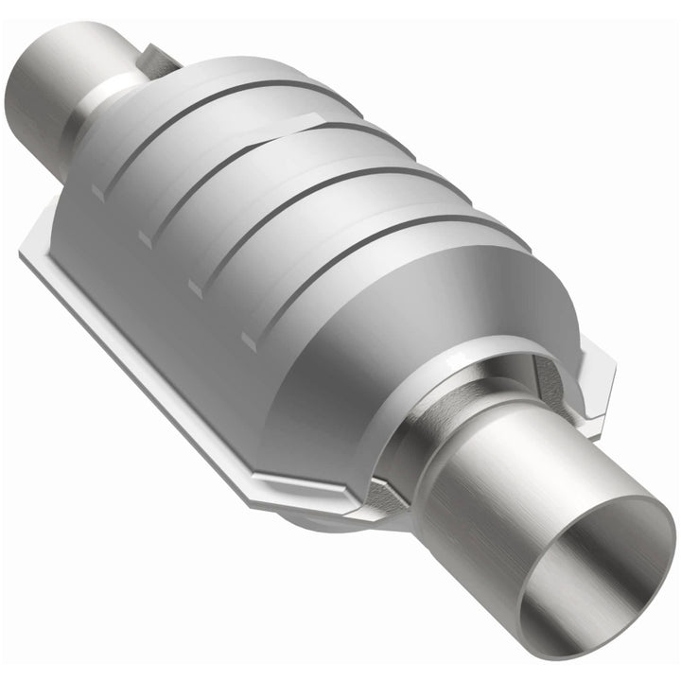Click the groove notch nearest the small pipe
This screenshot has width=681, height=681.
(97, 192)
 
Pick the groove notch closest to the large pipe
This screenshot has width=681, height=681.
(248, 338)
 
